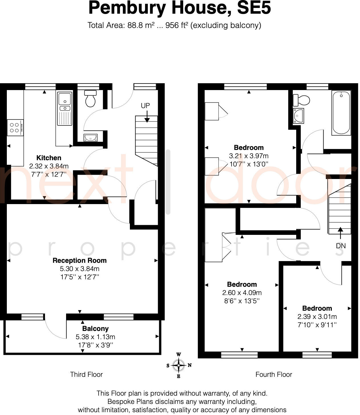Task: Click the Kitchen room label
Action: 49,158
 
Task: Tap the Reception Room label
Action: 79,261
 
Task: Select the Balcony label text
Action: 95,329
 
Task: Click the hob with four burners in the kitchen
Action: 15,128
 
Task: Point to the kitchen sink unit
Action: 65,108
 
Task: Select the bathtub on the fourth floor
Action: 341,113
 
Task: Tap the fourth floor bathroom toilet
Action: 302,100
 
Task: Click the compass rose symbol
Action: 179,365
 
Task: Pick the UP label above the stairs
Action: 145,105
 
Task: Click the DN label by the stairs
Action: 341,246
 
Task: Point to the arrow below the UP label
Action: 147,117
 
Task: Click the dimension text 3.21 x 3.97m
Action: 249,156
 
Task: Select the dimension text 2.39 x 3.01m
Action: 317,317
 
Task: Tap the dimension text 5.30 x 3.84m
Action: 79,269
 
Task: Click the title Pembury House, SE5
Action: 179,8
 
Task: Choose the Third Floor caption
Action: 86,375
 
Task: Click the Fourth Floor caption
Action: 274,375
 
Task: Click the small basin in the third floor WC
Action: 91,138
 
